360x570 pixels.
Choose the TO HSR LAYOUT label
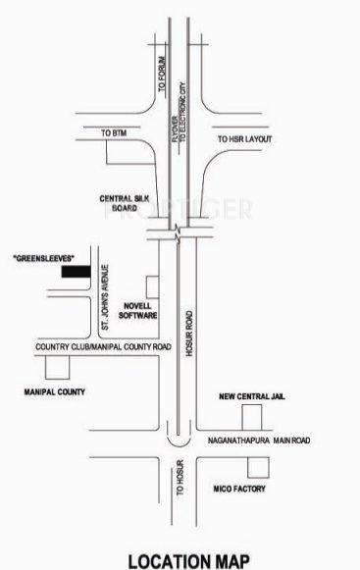244,138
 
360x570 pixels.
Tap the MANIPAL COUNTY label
54,391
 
